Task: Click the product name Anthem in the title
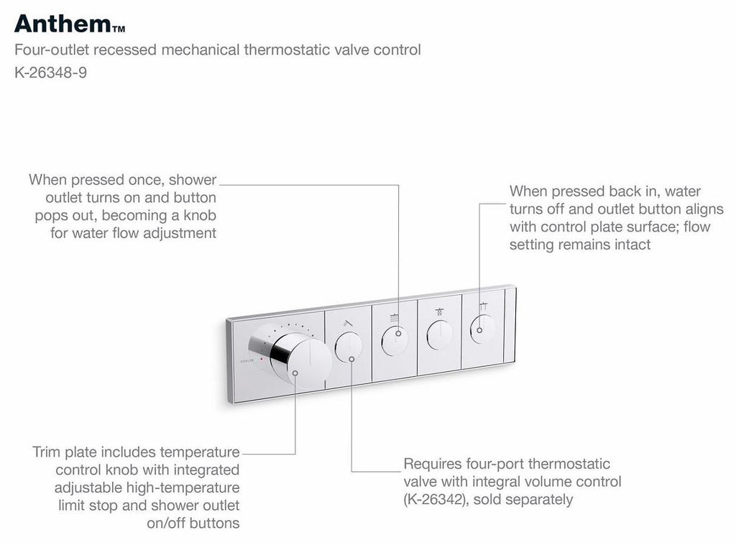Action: tap(61, 23)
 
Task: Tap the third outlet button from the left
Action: tap(438, 333)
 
